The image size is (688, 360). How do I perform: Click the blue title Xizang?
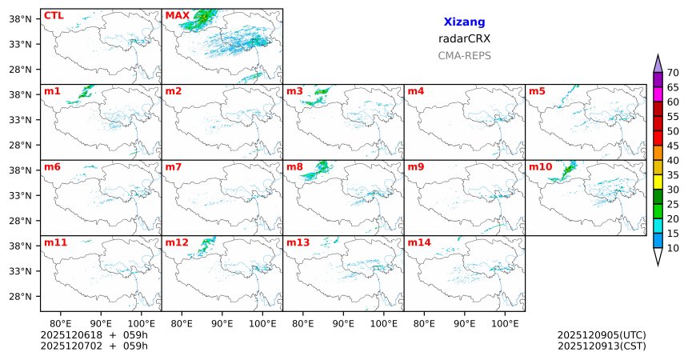464,22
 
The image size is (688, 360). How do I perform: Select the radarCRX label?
464,38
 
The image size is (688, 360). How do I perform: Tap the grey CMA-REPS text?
464,56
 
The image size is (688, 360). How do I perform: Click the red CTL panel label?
54,15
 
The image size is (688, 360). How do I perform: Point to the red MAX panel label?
178,15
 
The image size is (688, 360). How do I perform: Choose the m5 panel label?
537,91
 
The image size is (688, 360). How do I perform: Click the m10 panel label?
540,166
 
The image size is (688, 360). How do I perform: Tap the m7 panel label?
174,166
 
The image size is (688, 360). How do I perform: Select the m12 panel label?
177,242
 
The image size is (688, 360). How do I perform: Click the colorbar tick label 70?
673,73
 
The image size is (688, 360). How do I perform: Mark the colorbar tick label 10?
673,248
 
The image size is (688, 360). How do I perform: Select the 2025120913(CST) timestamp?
601,346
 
